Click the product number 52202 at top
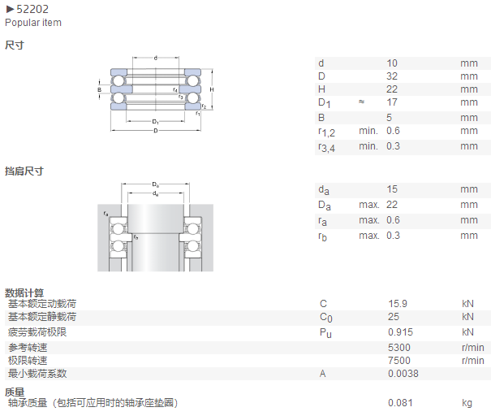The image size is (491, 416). (x=32, y=9)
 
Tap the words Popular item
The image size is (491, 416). (x=33, y=23)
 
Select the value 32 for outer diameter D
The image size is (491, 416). (x=392, y=76)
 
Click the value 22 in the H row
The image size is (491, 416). (x=392, y=89)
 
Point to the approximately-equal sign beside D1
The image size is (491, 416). (x=361, y=102)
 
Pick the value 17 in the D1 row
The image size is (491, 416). (x=392, y=102)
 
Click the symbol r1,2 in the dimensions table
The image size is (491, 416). (x=326, y=132)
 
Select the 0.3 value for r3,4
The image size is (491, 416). (x=393, y=146)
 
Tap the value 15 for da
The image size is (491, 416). (x=392, y=189)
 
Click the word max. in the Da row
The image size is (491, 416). (x=369, y=205)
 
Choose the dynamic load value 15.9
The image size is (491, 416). (x=398, y=303)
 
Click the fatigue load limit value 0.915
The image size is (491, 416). (x=400, y=332)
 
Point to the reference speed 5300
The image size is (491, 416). (x=399, y=348)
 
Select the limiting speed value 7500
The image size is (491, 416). (x=399, y=361)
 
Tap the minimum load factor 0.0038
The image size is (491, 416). (x=403, y=374)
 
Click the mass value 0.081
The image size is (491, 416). (x=400, y=402)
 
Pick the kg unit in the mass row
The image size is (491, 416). (x=467, y=403)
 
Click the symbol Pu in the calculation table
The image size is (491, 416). (x=325, y=333)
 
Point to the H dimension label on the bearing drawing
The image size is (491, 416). (x=212, y=89)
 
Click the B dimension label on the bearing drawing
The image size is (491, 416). (x=100, y=90)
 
